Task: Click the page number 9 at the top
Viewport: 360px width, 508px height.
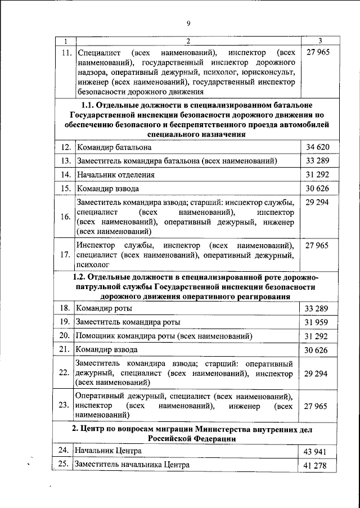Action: point(188,23)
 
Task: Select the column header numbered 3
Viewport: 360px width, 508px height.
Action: point(319,41)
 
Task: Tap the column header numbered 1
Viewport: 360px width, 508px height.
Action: point(66,41)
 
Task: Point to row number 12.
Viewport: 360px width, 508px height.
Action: point(66,147)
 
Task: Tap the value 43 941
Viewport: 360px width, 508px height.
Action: point(316,451)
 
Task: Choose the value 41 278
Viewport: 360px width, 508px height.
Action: point(316,465)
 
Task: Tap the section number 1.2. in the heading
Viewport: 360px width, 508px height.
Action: point(82,277)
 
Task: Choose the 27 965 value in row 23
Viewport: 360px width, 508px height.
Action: point(316,405)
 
